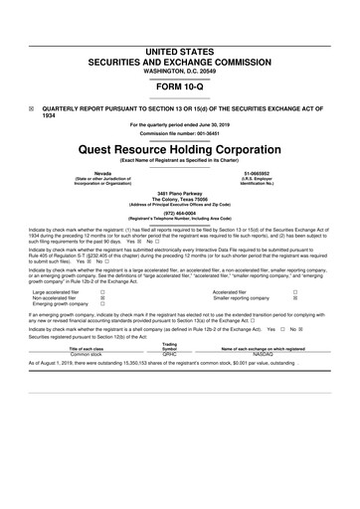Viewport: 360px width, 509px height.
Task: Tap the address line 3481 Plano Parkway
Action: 180,191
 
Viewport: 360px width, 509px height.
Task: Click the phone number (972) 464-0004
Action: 180,212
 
